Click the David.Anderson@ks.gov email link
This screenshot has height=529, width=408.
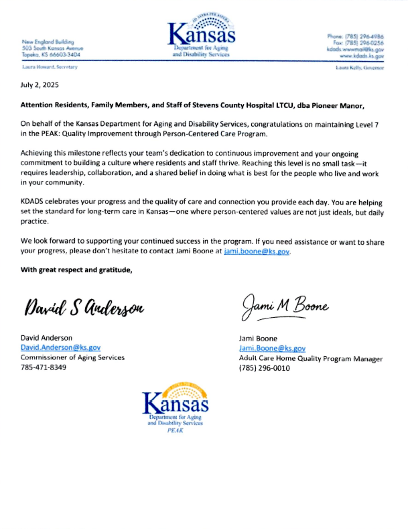pos(60,348)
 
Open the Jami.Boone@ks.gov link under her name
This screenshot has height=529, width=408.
pos(272,349)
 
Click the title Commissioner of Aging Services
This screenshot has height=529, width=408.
pos(72,357)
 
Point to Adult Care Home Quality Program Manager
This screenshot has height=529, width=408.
pos(310,359)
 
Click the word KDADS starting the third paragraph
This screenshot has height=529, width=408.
pos(34,201)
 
